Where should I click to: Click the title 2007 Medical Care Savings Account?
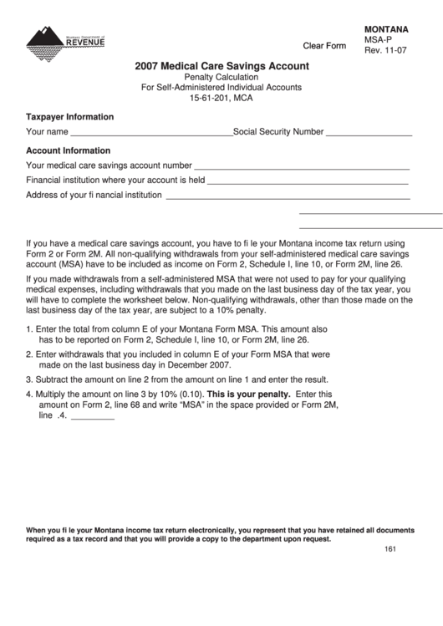click(221, 65)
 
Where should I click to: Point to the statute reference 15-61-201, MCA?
click(221, 98)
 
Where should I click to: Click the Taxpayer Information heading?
click(70, 117)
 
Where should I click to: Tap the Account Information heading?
click(69, 150)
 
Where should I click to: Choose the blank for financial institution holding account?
click(308, 181)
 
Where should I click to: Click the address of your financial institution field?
click(288, 197)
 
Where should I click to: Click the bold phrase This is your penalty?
click(248, 393)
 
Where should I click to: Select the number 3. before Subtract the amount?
click(30, 379)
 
